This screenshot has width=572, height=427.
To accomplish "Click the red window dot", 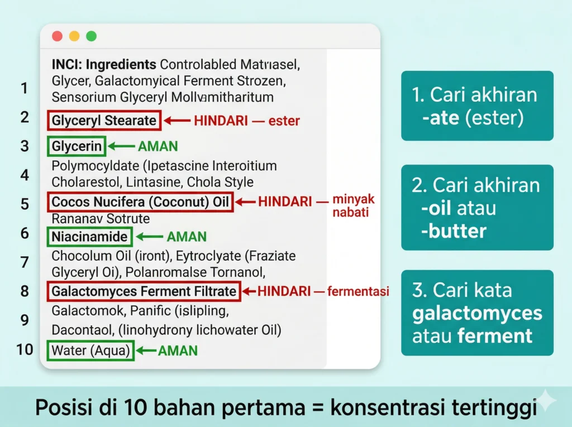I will [57, 36].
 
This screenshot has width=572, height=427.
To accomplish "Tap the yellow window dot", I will [74, 36].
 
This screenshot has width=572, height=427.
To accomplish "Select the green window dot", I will [90, 36].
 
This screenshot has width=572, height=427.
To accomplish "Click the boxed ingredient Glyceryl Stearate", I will [104, 121].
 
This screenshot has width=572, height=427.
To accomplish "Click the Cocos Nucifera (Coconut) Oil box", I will [140, 202].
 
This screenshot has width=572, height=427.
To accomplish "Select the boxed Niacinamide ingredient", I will [89, 237].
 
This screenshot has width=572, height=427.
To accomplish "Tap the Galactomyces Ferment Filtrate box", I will [144, 291].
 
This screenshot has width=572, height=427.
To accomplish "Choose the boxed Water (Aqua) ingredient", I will [91, 351].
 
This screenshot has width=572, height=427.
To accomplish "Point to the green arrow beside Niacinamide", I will [149, 237].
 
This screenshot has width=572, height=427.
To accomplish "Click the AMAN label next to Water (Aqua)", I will [178, 351].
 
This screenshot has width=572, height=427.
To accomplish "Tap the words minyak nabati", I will [353, 205].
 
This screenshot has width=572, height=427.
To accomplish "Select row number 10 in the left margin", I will [25, 350].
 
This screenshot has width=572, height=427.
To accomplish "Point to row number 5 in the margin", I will [25, 203].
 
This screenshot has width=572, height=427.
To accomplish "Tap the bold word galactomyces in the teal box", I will [477, 313].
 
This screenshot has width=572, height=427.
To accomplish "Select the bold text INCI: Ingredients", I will [103, 64].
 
